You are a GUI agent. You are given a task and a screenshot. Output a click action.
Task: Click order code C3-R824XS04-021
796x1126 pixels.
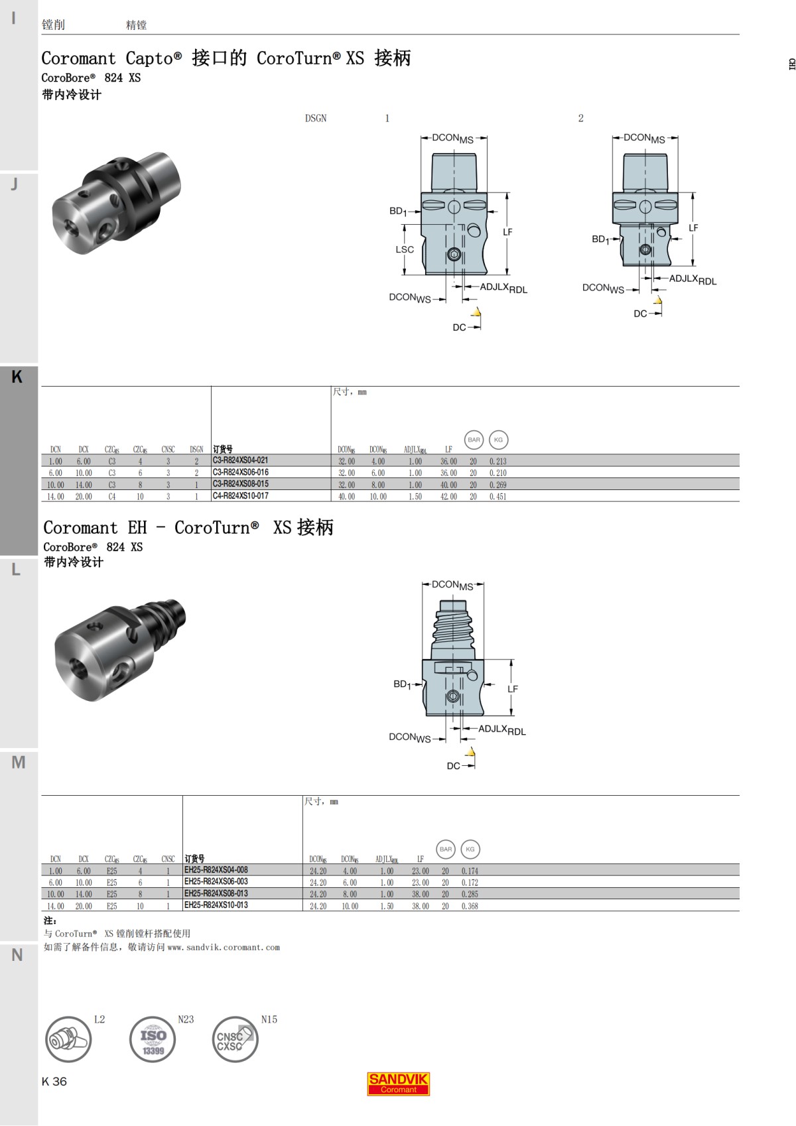coord(240,460)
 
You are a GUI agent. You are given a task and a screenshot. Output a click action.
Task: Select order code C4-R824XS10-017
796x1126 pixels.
coord(240,496)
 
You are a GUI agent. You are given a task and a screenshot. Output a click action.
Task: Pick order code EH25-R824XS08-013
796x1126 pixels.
coord(216,893)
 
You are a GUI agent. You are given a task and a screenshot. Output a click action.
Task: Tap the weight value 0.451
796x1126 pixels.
coord(497,497)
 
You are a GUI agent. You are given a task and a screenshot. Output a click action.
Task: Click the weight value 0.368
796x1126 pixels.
coord(470,906)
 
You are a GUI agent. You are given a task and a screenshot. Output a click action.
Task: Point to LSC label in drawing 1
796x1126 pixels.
coord(405,250)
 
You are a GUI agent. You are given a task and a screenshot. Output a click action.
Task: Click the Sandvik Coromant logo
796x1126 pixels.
coord(398,1084)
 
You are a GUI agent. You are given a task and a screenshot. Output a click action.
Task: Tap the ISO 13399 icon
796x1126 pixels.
coord(153,1039)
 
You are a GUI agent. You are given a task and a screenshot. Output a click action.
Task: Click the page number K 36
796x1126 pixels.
coord(54,1082)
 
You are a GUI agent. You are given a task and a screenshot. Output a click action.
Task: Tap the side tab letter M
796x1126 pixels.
coord(19,763)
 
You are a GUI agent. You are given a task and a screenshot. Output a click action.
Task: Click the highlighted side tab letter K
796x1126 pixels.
coord(17,377)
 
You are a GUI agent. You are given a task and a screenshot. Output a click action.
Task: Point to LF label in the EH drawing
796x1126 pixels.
coord(513,689)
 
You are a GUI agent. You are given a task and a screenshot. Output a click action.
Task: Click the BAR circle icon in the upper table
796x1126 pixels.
coord(474,440)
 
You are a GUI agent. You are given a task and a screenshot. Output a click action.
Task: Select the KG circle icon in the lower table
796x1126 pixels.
coord(470,849)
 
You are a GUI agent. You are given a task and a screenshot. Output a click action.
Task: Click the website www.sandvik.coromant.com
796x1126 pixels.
coord(224,948)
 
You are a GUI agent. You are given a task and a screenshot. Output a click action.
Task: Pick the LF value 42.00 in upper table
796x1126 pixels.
coord(448,497)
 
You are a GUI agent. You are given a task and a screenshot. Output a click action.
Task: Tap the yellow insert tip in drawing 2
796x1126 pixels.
coord(657,301)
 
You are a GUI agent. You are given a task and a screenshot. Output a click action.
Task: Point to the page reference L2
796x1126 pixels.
coord(99,1019)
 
